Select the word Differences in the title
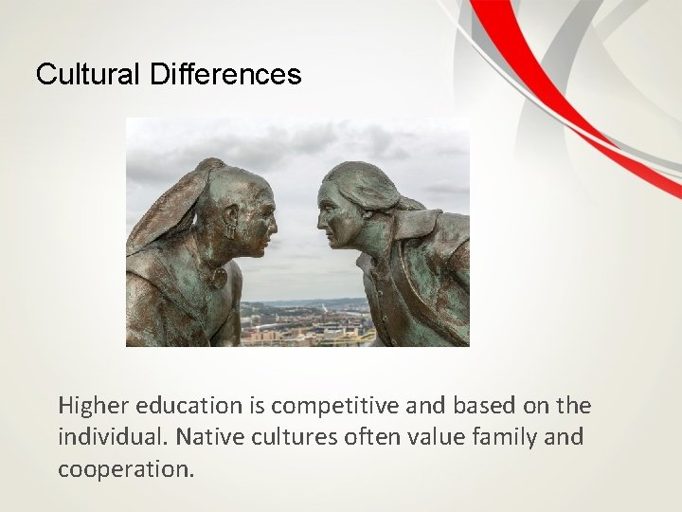[x=225, y=74]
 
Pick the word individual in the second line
[x=105, y=439]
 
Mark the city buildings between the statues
[x=298, y=322]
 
